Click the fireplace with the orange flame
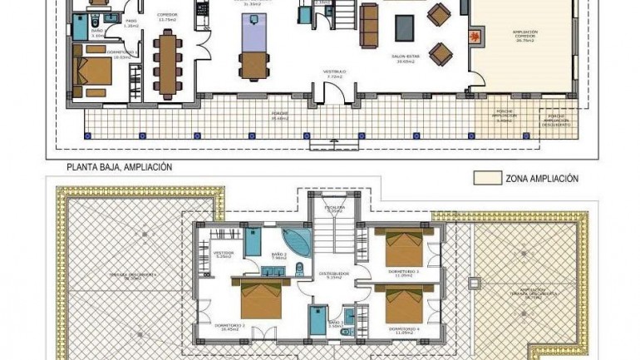point(474,37)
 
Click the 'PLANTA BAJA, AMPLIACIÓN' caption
point(119,167)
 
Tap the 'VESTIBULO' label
point(335,73)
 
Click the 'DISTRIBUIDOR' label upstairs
point(333,273)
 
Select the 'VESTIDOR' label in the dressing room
point(224,251)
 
